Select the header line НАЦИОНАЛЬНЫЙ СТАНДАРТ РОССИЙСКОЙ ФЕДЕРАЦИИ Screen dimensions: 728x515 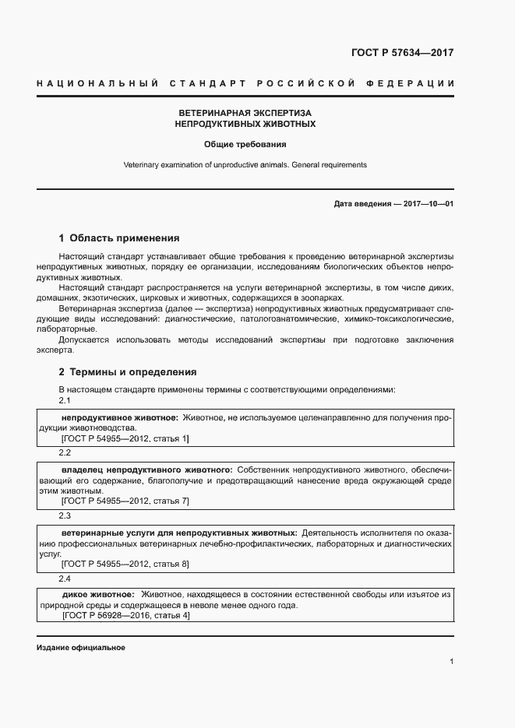[245, 83]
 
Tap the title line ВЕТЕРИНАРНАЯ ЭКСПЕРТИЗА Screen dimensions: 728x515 [245, 113]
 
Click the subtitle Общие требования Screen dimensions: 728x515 [245, 144]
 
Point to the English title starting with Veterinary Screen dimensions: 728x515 [245, 165]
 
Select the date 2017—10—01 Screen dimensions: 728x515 [426, 204]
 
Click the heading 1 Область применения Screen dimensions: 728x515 [119, 238]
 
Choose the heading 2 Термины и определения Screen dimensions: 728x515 [128, 372]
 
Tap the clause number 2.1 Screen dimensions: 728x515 [65, 400]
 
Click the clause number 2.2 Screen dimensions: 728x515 [65, 452]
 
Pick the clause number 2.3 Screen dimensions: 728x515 [65, 515]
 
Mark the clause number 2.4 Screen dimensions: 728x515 [65, 579]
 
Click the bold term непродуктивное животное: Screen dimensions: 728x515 [118, 418]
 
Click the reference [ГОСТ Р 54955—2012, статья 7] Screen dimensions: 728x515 [125, 501]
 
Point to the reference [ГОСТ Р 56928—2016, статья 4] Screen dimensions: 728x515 [125, 615]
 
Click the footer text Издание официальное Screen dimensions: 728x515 [80, 648]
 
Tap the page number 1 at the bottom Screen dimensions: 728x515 [452, 661]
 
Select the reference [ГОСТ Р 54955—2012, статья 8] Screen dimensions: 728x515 [125, 564]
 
